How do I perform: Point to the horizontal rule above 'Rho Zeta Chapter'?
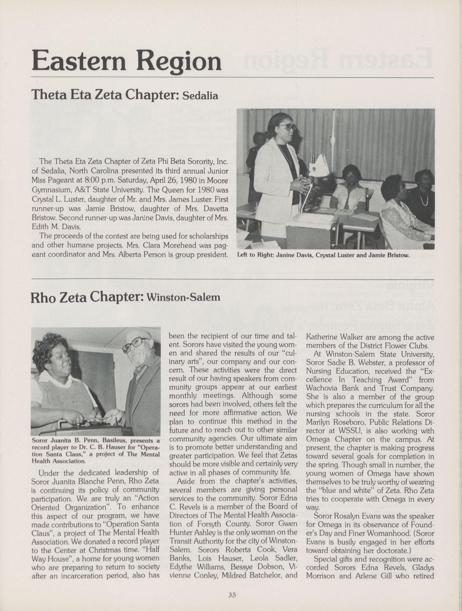(232, 279)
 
